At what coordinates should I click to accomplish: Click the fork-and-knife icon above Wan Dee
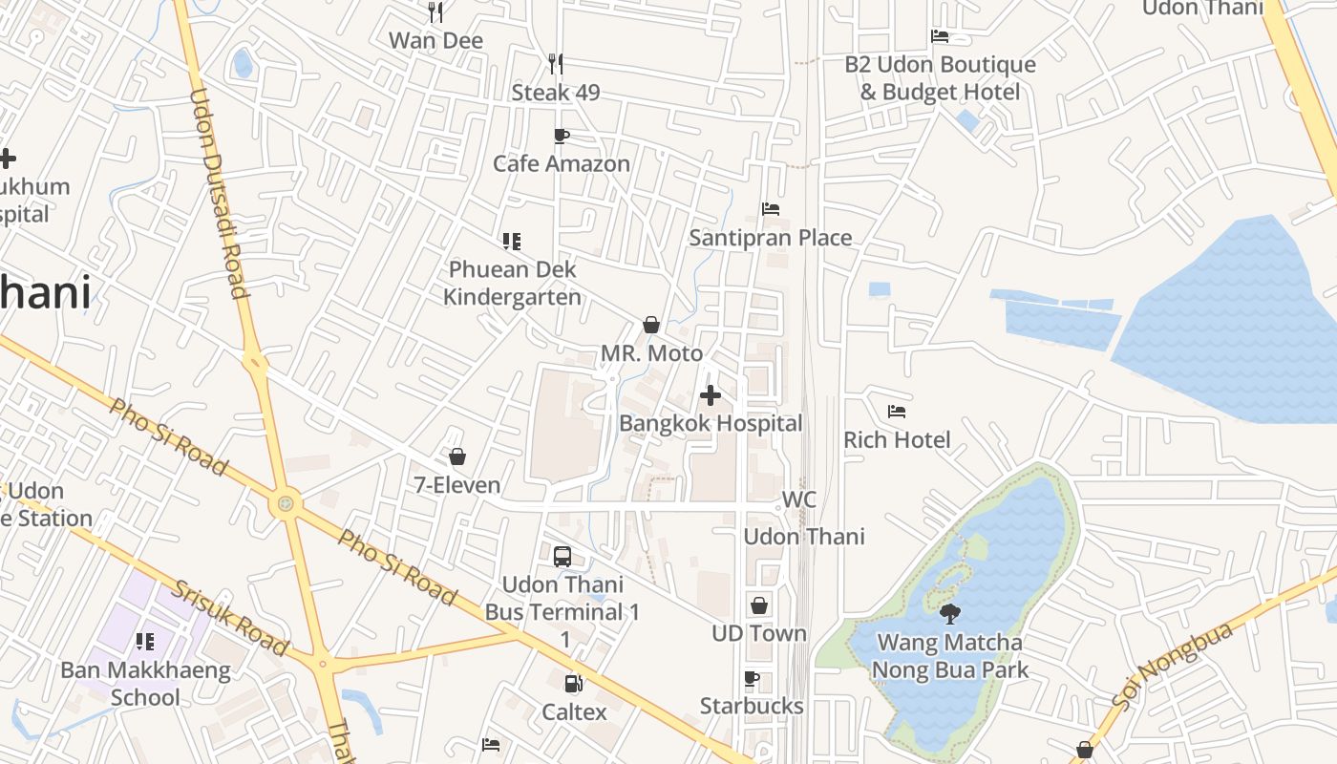pos(435,12)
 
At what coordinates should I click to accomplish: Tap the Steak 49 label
pos(556,93)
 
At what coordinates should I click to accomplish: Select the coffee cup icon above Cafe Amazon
pos(562,136)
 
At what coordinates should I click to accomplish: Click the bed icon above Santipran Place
pos(771,209)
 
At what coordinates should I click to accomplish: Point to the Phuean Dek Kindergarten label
pos(513,284)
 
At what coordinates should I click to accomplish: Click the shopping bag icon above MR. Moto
pos(651,325)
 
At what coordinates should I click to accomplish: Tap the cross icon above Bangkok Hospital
pos(711,394)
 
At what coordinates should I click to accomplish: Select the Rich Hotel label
pos(897,439)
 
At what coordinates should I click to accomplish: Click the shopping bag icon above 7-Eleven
pos(457,456)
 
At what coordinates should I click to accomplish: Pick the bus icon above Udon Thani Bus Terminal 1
pos(562,556)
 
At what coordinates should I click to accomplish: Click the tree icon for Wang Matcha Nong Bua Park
pos(949,613)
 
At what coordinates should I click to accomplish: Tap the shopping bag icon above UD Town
pos(759,605)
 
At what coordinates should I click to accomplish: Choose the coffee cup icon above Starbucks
pos(752,679)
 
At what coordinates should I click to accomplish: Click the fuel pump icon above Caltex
pos(574,684)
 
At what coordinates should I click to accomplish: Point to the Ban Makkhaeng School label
pos(145,684)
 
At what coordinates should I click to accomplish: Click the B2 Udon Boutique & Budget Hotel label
pos(940,78)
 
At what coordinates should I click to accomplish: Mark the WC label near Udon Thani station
pos(799,499)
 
